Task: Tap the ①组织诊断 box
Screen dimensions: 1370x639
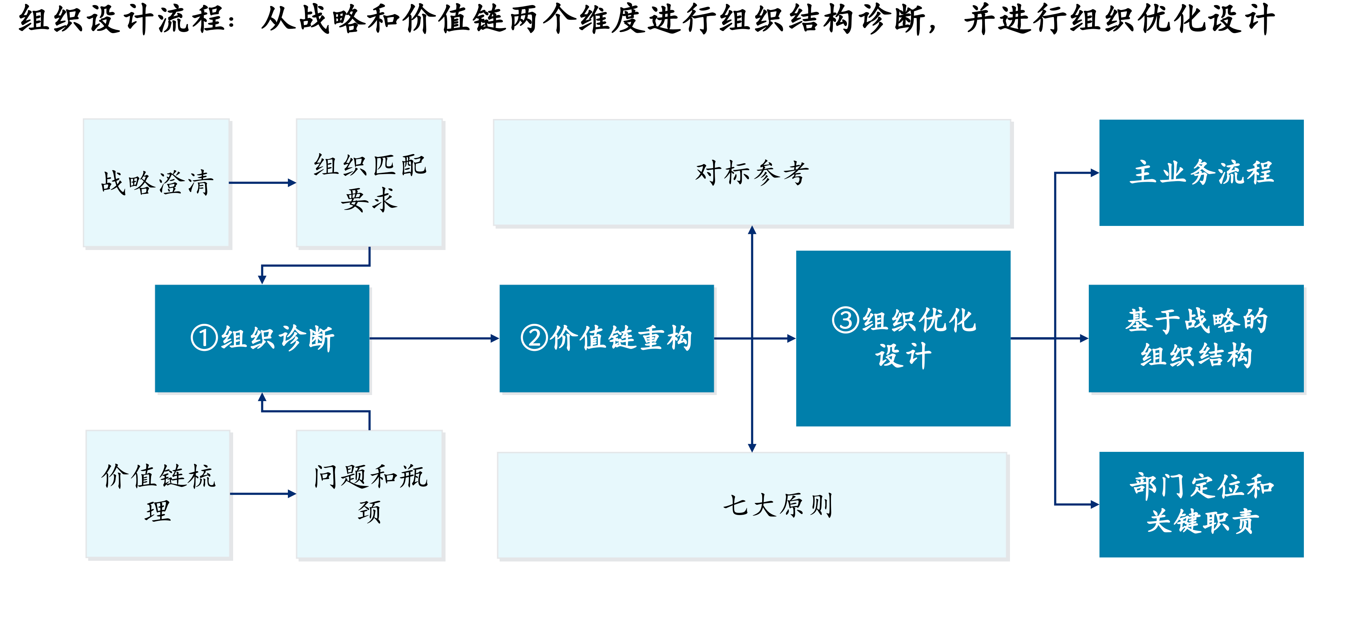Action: (x=262, y=339)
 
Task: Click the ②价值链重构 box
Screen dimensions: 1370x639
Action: (x=607, y=339)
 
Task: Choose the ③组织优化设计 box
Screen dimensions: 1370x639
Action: (x=903, y=339)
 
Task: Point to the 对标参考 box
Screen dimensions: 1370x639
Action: (x=752, y=172)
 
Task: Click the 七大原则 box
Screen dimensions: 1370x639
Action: (x=752, y=505)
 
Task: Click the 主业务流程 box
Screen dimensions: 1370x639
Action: (x=1201, y=172)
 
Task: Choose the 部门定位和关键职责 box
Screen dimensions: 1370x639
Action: (x=1201, y=504)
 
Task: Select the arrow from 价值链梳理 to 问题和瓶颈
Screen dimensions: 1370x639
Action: (x=263, y=494)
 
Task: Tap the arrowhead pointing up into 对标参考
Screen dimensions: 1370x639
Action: (x=752, y=230)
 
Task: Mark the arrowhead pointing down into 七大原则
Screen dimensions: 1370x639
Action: (x=752, y=448)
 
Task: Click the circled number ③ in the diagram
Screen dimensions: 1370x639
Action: (x=846, y=320)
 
